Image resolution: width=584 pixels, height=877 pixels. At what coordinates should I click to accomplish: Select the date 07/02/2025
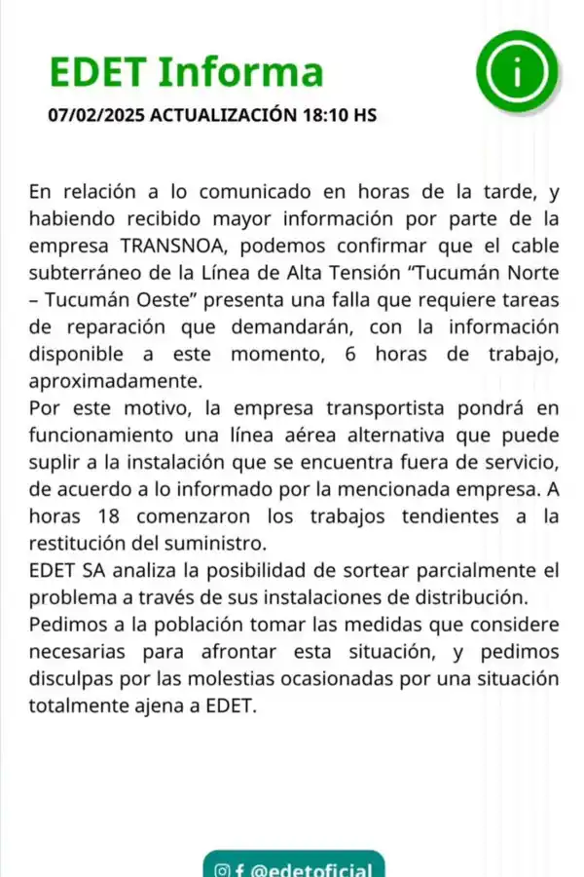coord(95,115)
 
